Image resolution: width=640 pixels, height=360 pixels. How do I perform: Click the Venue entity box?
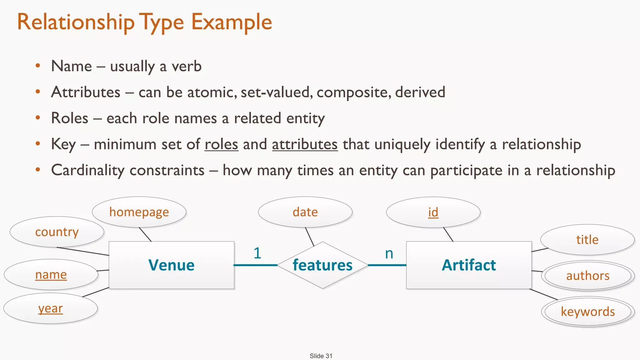pos(171,265)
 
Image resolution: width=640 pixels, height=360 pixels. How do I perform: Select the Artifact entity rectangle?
pos(469,265)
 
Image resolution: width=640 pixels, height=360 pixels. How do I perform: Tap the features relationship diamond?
pos(322,265)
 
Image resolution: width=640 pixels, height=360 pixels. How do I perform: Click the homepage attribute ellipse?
pos(139,212)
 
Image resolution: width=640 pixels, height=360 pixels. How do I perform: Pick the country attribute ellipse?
pos(57,232)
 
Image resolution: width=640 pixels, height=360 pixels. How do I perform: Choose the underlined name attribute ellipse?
pos(51,275)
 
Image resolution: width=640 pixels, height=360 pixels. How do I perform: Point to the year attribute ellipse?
pos(51,308)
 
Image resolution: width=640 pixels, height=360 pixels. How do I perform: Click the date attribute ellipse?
pos(305,212)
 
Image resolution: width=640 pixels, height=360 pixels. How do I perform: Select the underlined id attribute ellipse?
pos(433,212)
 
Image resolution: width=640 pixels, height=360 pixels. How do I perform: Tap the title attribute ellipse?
pos(587,240)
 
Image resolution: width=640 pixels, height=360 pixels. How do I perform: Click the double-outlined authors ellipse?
pos(587,276)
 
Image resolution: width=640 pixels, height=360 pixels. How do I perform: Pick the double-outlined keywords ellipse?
pos(587,312)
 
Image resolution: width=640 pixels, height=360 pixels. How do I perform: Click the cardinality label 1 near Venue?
pos(257,253)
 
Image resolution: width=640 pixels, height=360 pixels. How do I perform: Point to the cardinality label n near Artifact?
pos(389,253)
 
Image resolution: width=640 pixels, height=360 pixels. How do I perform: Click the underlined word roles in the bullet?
pos(221,144)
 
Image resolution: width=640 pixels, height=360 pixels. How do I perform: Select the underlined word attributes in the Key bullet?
pos(305,144)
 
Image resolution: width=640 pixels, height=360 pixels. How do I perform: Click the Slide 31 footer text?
pos(321,356)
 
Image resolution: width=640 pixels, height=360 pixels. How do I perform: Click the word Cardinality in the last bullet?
pos(88,170)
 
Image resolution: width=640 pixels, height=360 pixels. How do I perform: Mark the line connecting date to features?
pos(310,237)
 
